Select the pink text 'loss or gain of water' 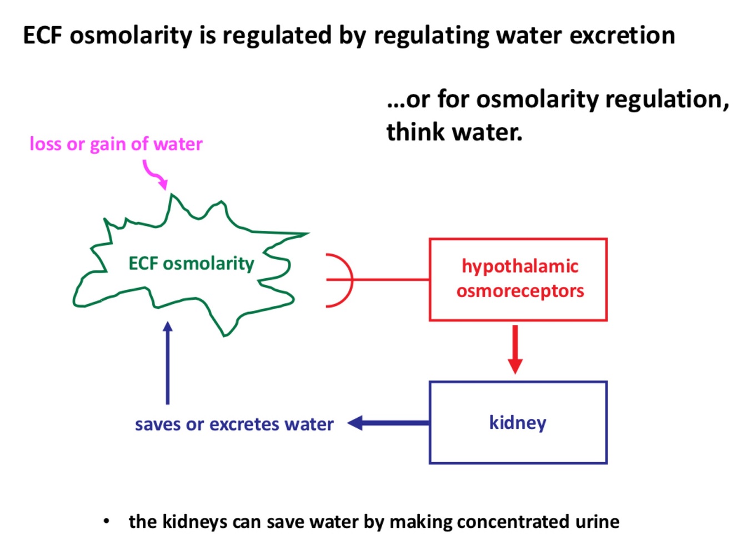[x=116, y=144]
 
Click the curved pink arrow [x=155, y=174]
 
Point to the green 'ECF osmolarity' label [x=191, y=263]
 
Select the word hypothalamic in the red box [x=520, y=266]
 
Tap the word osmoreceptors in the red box [x=520, y=291]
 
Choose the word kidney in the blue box [x=518, y=422]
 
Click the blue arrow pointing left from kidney [x=389, y=423]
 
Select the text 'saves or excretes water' [x=234, y=424]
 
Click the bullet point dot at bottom [x=106, y=521]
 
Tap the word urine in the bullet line [x=598, y=522]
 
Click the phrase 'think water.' [x=454, y=132]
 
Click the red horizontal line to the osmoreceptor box [x=391, y=280]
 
